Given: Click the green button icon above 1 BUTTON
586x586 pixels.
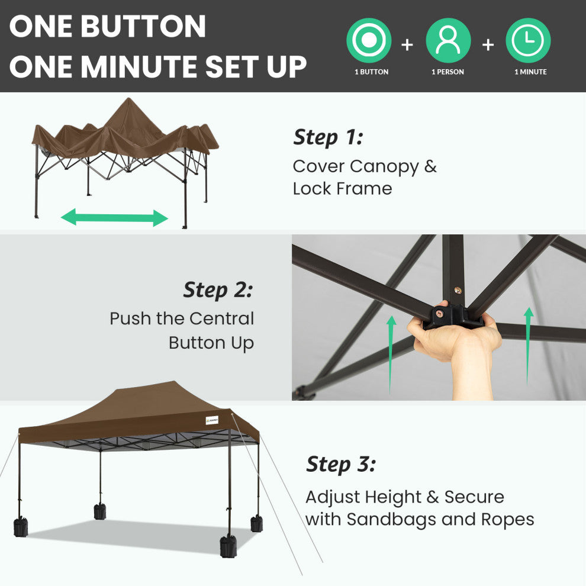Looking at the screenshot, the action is pyautogui.click(x=369, y=40).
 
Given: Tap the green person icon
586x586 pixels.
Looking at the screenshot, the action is pyautogui.click(x=448, y=40).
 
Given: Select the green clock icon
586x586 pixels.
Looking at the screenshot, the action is pyautogui.click(x=528, y=40).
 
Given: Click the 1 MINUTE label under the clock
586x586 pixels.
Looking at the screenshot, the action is pyautogui.click(x=530, y=72).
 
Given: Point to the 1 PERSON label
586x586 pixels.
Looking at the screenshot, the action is pyautogui.click(x=447, y=72).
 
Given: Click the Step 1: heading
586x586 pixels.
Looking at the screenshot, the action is pyautogui.click(x=328, y=138).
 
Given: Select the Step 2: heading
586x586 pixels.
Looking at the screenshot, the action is pyautogui.click(x=218, y=291).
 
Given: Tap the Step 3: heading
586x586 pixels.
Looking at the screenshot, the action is pyautogui.click(x=341, y=465).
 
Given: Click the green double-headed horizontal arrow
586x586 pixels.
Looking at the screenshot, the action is pyautogui.click(x=114, y=217).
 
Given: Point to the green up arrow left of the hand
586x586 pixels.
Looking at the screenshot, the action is pyautogui.click(x=391, y=355).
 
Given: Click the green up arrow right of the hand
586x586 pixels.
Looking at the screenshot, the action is pyautogui.click(x=528, y=346).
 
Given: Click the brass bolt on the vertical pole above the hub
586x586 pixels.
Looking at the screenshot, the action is pyautogui.click(x=458, y=290).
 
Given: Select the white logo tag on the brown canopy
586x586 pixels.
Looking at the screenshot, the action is pyautogui.click(x=212, y=421).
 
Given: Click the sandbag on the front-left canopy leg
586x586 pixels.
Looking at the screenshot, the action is pyautogui.click(x=21, y=527).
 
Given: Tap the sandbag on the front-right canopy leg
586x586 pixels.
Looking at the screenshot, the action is pyautogui.click(x=228, y=546).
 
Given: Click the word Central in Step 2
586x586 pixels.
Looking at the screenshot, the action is pyautogui.click(x=221, y=318).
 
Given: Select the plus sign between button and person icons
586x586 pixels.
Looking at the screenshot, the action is pyautogui.click(x=407, y=45).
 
